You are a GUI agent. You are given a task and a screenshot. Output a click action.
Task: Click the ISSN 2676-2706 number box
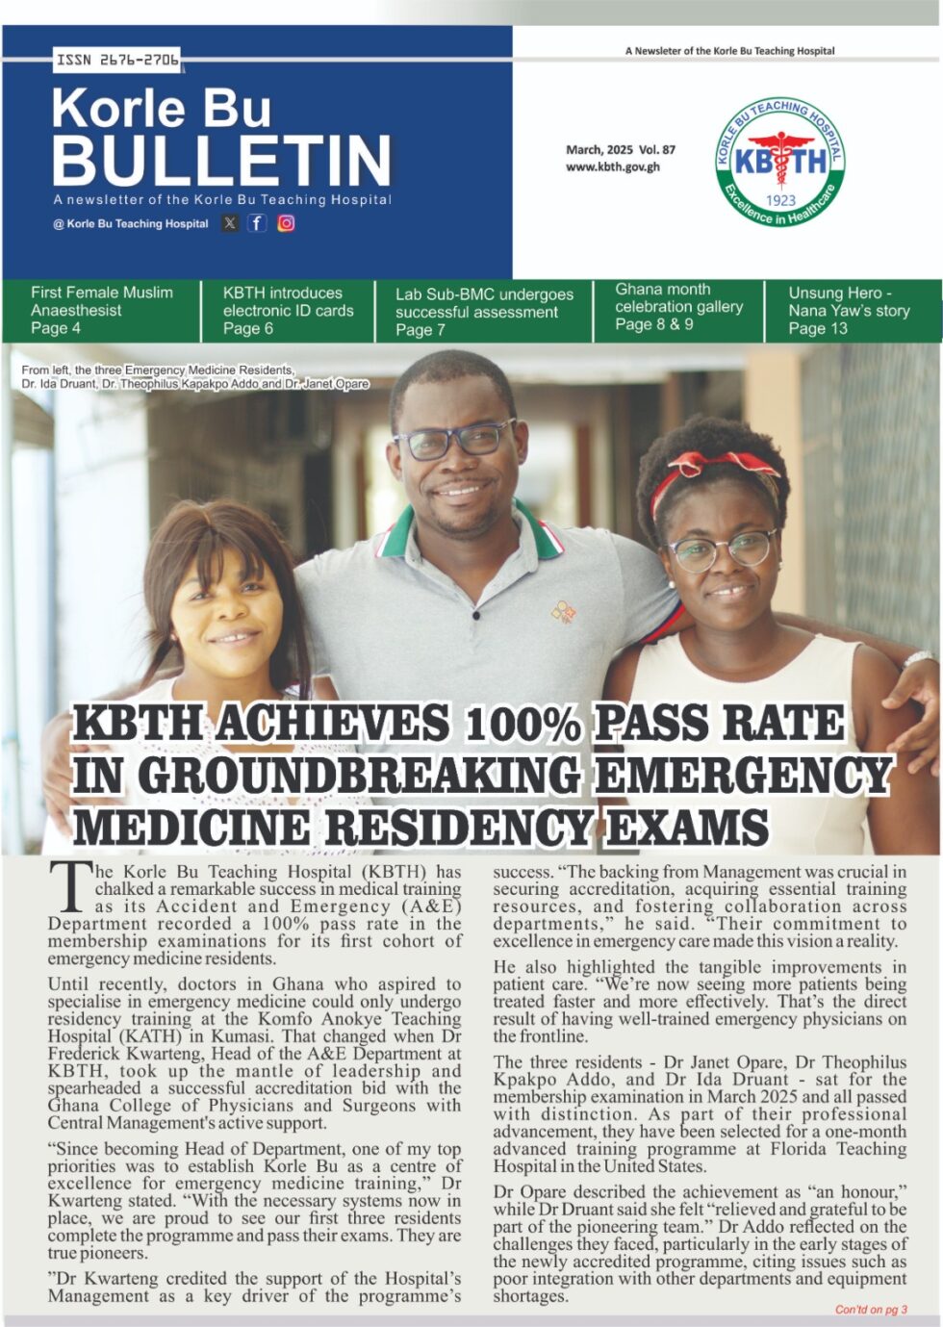pyautogui.click(x=117, y=60)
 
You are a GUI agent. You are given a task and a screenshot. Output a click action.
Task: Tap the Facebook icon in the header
pyautogui.click(x=257, y=223)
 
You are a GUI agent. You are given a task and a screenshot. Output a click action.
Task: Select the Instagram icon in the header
pyautogui.click(x=286, y=223)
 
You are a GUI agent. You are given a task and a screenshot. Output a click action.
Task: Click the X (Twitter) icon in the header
pyautogui.click(x=230, y=223)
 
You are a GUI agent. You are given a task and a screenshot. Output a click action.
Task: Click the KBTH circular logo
pyautogui.click(x=780, y=163)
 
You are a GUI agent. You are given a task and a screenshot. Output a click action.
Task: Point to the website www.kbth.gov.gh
pyautogui.click(x=613, y=166)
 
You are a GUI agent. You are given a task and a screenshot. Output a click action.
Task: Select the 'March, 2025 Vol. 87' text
pyautogui.click(x=621, y=149)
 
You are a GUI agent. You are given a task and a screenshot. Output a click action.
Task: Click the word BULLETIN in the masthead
pyautogui.click(x=222, y=160)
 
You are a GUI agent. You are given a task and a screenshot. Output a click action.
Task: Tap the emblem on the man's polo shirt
pyautogui.click(x=564, y=611)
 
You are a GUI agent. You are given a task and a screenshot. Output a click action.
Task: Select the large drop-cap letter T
pyautogui.click(x=69, y=887)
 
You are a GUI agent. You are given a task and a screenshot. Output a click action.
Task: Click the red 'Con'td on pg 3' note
pyautogui.click(x=870, y=1310)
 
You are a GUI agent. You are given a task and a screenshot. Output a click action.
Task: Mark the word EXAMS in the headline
pyautogui.click(x=687, y=827)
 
